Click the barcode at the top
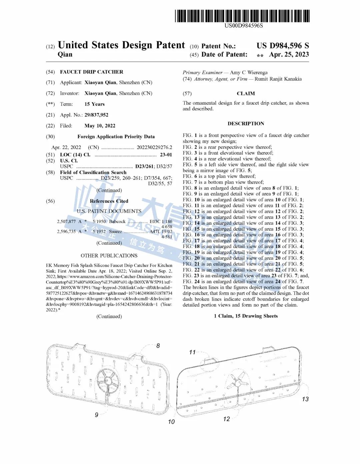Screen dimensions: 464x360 [242, 16]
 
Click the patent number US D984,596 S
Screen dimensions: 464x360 [283, 46]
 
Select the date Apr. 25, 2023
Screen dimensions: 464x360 [289, 55]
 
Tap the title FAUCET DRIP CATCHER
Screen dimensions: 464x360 [92, 72]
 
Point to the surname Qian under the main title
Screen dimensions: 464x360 [65, 55]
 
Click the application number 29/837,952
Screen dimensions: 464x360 [96, 115]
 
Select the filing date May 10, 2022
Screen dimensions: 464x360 [100, 126]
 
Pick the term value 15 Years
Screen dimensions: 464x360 [94, 104]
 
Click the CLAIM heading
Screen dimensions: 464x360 [246, 94]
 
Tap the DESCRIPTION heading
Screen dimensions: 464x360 [246, 124]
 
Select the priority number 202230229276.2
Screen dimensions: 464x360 [154, 147]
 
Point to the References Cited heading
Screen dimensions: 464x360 [109, 201]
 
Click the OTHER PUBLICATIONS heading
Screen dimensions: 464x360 [109, 256]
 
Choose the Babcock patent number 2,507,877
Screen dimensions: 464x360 [66, 222]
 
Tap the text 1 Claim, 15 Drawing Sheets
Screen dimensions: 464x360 [246, 316]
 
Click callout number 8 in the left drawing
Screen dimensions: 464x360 [158, 346]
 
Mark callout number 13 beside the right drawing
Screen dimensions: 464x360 [305, 399]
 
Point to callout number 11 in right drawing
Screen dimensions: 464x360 [192, 352]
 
